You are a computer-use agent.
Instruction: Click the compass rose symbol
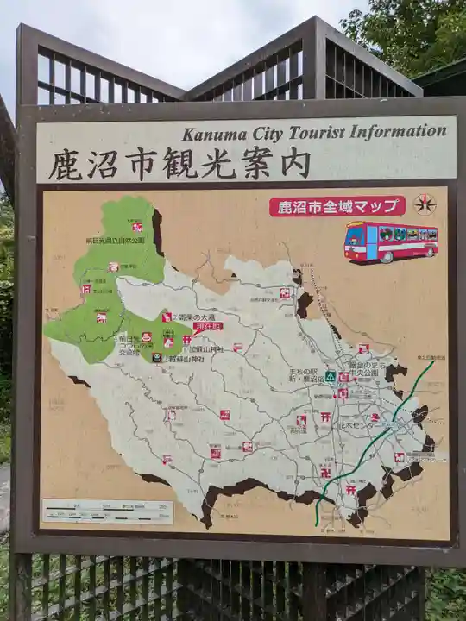(x=424, y=204)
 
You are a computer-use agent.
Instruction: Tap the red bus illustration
(x=391, y=241)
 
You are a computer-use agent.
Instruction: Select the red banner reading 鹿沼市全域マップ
(x=337, y=207)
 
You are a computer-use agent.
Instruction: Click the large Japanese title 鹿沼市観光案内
(x=179, y=164)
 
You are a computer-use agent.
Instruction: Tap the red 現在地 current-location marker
(x=208, y=327)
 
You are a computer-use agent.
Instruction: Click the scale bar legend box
(x=108, y=511)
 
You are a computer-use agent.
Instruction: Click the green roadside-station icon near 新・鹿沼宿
(x=331, y=377)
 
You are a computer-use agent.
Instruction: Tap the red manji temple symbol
(x=326, y=472)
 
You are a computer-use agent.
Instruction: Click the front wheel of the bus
(x=387, y=256)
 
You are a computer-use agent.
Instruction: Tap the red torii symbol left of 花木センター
(x=325, y=417)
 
